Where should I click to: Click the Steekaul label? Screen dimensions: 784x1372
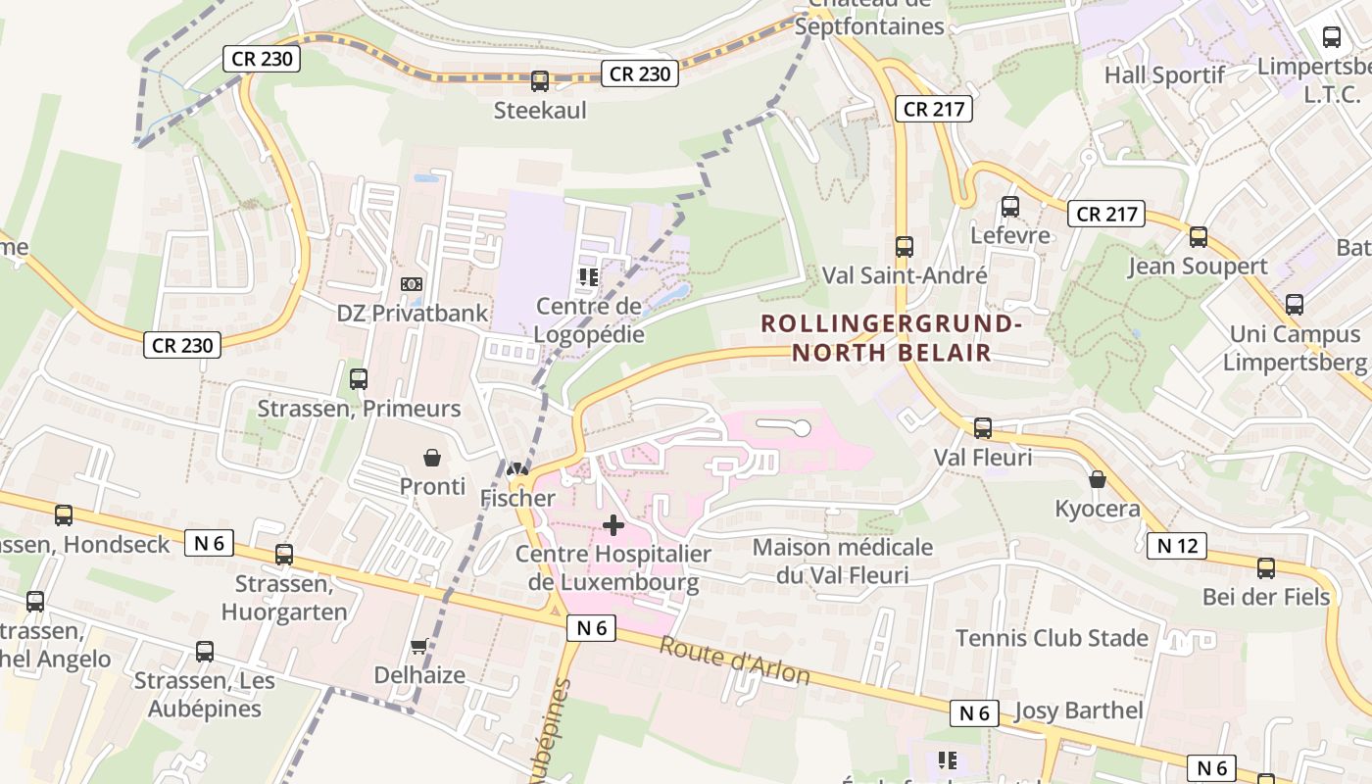pyautogui.click(x=540, y=111)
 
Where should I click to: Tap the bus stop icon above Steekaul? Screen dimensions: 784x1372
pyautogui.click(x=540, y=81)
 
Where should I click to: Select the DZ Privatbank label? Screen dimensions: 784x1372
pyautogui.click(x=413, y=314)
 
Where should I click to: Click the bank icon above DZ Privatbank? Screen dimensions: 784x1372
pyautogui.click(x=413, y=284)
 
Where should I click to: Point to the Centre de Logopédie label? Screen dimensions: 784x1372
pyautogui.click(x=589, y=320)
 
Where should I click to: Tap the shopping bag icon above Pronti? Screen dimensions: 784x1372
pyautogui.click(x=432, y=457)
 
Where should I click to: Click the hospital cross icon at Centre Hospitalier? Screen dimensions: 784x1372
pyautogui.click(x=613, y=525)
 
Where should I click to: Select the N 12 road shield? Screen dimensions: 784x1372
pyautogui.click(x=1176, y=546)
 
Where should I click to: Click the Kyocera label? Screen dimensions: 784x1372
pyautogui.click(x=1098, y=509)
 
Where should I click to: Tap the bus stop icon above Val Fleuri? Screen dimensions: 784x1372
pyautogui.click(x=983, y=428)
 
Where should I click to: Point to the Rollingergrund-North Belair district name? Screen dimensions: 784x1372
pyautogui.click(x=892, y=338)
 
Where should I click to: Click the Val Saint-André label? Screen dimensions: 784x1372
pyautogui.click(x=905, y=275)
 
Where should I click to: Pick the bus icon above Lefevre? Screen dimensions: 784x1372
pyautogui.click(x=1010, y=207)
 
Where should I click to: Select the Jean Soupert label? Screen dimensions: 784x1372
pyautogui.click(x=1198, y=267)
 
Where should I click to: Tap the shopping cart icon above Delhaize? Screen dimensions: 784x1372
pyautogui.click(x=419, y=646)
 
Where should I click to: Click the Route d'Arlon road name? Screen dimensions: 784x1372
pyautogui.click(x=734, y=661)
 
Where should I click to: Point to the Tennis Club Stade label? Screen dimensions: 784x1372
pyautogui.click(x=1052, y=638)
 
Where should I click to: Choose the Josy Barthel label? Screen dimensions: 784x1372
pyautogui.click(x=1079, y=710)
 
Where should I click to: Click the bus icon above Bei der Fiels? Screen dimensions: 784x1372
pyautogui.click(x=1266, y=568)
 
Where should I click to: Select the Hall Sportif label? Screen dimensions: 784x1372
pyautogui.click(x=1164, y=75)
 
